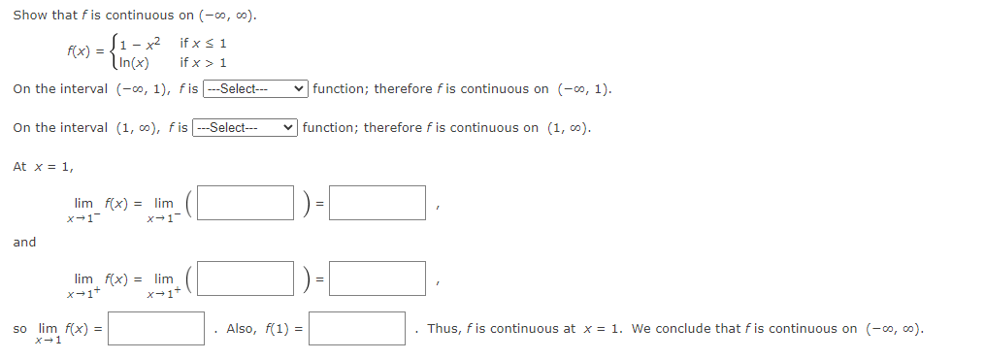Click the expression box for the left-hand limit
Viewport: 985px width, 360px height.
[248, 203]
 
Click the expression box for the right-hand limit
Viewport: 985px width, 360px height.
[248, 278]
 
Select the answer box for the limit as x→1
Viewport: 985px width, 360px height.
[156, 329]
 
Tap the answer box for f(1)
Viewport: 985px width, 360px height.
[357, 329]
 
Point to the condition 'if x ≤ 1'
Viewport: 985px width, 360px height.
[203, 44]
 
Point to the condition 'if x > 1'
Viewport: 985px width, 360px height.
[203, 63]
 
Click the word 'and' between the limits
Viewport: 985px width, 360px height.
[24, 243]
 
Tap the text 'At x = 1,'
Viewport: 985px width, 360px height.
[43, 167]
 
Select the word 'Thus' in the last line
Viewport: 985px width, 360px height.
[442, 329]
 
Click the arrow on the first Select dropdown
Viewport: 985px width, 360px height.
[301, 89]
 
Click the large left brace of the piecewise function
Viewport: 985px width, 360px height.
[113, 52]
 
